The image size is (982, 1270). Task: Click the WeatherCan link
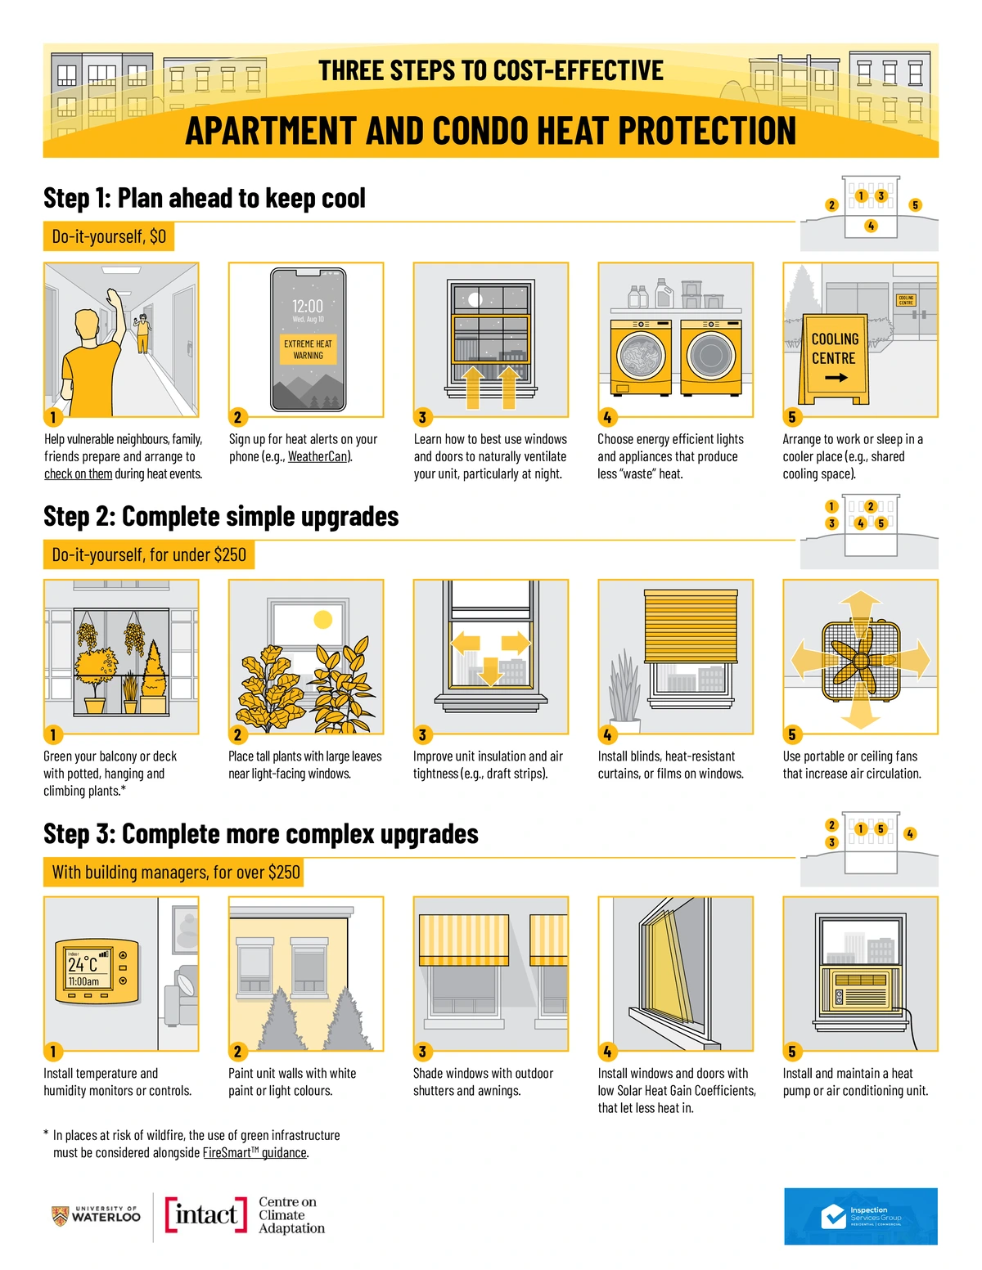(318, 456)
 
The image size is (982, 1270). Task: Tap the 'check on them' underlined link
(78, 474)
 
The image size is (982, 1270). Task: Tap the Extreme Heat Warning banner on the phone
(308, 349)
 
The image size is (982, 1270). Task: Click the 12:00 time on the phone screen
(308, 306)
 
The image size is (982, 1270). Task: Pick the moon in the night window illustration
(475, 300)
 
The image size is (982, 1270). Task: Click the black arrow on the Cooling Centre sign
(836, 378)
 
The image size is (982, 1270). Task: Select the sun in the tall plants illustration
(323, 619)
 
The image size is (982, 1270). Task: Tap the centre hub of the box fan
(860, 661)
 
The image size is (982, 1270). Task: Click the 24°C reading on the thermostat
(83, 964)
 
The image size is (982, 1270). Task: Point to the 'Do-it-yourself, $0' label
(109, 236)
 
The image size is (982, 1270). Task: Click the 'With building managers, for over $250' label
(173, 872)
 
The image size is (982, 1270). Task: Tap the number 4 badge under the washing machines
(607, 417)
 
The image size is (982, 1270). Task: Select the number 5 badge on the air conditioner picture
(792, 1052)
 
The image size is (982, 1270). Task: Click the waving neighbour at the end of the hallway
(142, 333)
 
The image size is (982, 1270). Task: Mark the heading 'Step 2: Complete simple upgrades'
(221, 517)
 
